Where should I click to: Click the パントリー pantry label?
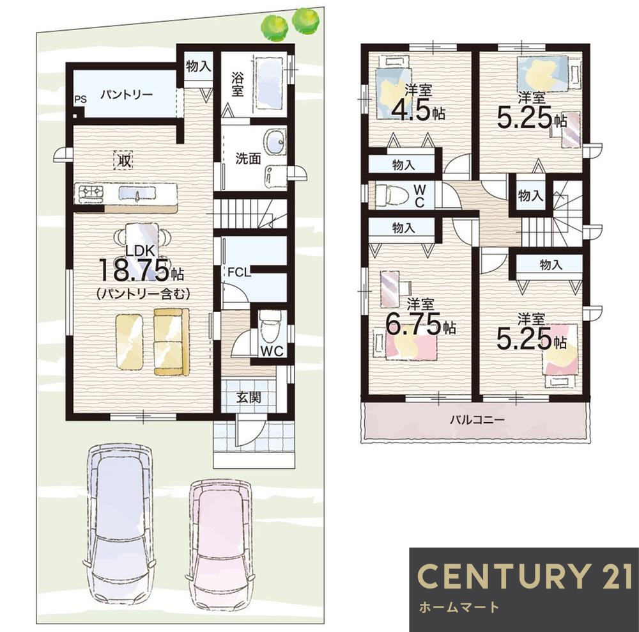coord(127,95)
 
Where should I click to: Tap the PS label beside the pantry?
coord(81,100)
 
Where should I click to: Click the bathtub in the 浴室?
coord(270,83)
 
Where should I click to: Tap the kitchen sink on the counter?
coord(137,193)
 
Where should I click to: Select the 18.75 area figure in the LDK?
coord(134,271)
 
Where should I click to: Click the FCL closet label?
coord(239,272)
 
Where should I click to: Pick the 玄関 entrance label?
coord(249,397)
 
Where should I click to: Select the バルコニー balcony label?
coord(477,420)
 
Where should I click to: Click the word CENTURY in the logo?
coord(503,576)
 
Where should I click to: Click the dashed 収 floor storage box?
coord(123,159)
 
